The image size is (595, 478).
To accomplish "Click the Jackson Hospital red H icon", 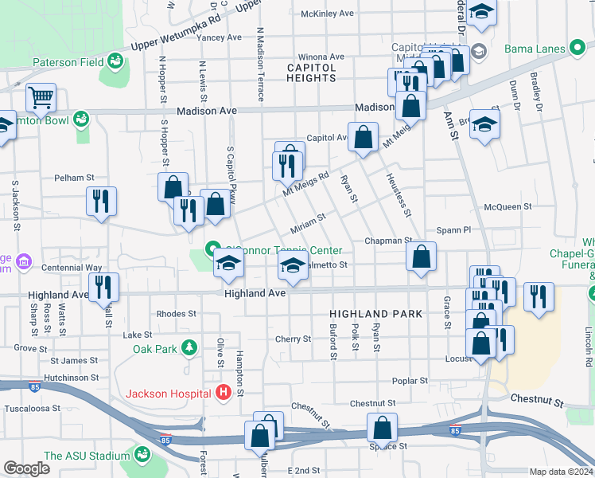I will [224, 393].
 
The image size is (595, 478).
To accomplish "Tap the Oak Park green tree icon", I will [189, 348].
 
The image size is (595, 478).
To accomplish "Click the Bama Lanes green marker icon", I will [578, 48].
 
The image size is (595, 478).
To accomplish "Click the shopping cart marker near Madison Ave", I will [40, 99].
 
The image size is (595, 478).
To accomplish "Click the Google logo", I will [26, 468].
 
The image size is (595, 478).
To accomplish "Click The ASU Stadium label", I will [87, 456].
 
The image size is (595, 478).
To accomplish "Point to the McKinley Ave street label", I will [327, 14].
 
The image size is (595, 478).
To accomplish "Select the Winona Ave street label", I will [321, 57].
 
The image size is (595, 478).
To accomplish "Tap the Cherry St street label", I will [293, 339].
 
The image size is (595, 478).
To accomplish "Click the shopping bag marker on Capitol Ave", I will [363, 137].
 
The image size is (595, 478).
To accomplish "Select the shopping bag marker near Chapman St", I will [421, 257].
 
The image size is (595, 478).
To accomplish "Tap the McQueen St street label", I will [507, 206].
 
